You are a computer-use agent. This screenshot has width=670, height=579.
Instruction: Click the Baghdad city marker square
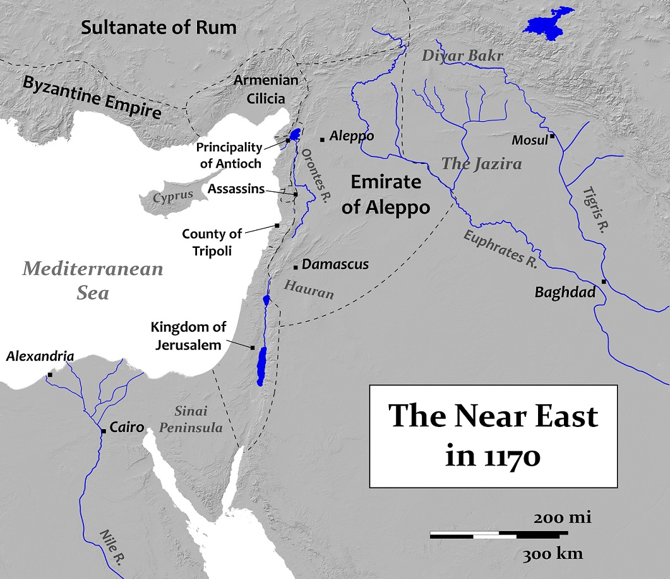(x=604, y=282)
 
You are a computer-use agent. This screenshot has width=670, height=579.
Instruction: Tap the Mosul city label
(x=529, y=140)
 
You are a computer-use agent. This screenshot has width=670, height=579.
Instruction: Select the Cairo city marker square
(x=103, y=431)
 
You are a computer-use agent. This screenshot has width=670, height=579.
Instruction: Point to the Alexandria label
(x=40, y=357)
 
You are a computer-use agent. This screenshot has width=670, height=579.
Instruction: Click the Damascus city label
(x=335, y=265)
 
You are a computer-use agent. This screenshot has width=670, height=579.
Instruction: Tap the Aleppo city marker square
(x=322, y=139)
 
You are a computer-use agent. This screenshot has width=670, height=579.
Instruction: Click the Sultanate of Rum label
(x=159, y=27)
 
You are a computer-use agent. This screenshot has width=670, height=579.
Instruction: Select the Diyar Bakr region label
(x=463, y=56)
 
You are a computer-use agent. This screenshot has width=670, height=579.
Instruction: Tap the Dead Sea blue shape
(x=261, y=365)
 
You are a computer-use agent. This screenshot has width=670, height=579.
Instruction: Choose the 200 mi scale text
(x=562, y=518)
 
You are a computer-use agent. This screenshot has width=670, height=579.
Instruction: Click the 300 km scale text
(x=553, y=554)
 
